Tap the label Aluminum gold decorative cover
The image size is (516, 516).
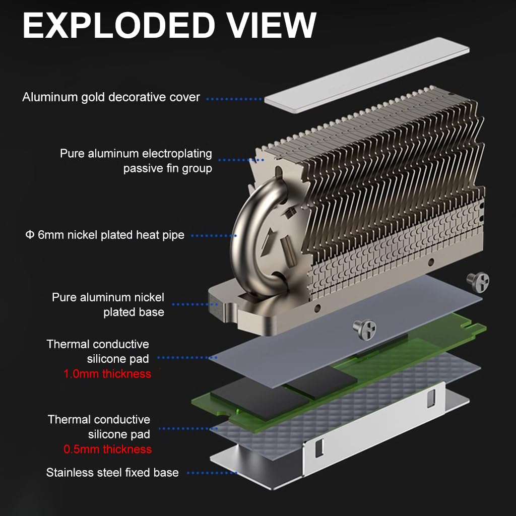click(x=111, y=97)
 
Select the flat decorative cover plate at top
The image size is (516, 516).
click(x=366, y=75)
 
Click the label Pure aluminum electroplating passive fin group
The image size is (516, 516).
click(x=136, y=161)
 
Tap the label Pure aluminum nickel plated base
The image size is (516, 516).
click(x=108, y=305)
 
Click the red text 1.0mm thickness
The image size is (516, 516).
click(x=107, y=374)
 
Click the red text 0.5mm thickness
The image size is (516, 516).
click(x=107, y=449)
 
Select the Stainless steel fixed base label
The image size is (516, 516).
click(x=112, y=473)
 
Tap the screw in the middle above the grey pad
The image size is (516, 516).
click(x=365, y=329)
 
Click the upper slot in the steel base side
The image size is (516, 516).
click(x=431, y=399)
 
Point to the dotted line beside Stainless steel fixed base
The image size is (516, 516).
click(x=212, y=473)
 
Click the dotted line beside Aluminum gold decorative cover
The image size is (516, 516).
click(x=234, y=99)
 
